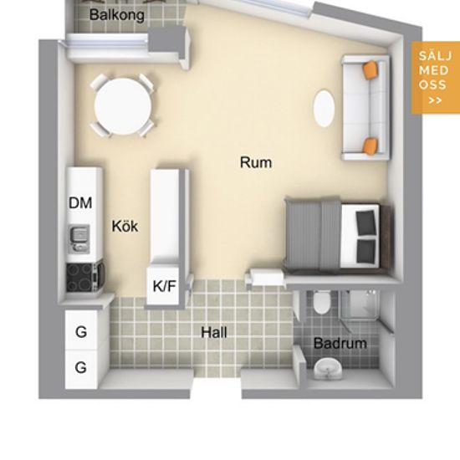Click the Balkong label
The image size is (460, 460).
click(x=117, y=15)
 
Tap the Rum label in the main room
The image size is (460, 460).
click(x=256, y=162)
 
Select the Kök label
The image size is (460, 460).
click(x=125, y=226)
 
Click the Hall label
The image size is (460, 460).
click(x=214, y=332)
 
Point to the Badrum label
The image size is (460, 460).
click(x=340, y=343)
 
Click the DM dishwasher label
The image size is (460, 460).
click(x=80, y=202)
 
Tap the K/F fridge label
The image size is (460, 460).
click(x=164, y=286)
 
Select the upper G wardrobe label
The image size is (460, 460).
click(x=81, y=332)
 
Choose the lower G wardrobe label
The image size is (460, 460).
click(x=81, y=367)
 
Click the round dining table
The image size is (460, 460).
click(x=123, y=106)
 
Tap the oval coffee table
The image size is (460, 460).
click(x=324, y=108)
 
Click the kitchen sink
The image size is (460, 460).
click(x=79, y=238)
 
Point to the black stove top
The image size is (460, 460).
click(x=84, y=277)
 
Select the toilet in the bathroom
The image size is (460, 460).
click(x=321, y=302)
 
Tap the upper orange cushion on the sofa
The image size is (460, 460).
click(x=371, y=69)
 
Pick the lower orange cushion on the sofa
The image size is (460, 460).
click(x=371, y=146)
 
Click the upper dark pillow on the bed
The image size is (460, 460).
click(x=365, y=222)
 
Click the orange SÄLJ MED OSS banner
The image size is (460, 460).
click(x=436, y=78)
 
